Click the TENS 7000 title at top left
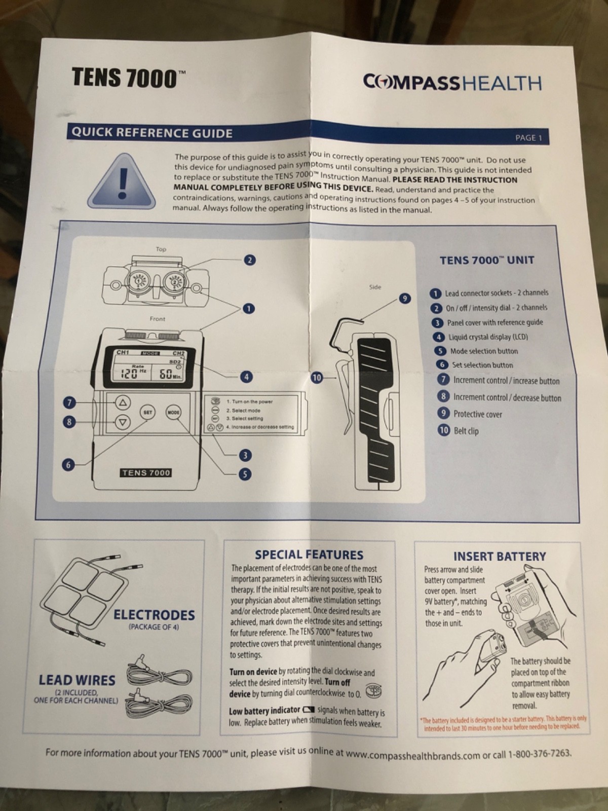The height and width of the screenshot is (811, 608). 125,78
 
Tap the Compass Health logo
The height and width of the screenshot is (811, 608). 452,83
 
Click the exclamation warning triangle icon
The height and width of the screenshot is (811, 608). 120,180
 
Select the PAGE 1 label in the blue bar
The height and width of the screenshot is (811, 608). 528,137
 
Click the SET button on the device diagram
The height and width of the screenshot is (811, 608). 147,412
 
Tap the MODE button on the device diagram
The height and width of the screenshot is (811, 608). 173,412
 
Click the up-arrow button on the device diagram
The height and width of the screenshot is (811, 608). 122,403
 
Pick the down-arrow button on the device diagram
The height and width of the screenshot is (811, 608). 122,422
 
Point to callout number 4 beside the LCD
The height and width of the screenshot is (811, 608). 246,377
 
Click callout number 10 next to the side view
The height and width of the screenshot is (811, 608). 317,378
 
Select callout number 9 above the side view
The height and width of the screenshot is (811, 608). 404,298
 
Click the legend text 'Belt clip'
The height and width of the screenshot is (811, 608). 466,431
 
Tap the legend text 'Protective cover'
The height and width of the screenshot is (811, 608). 477,414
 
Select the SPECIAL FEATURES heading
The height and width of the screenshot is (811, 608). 309,555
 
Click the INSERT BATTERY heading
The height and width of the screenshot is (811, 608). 499,557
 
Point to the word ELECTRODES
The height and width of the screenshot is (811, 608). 154,615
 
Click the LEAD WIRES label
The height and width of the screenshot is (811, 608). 77,680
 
